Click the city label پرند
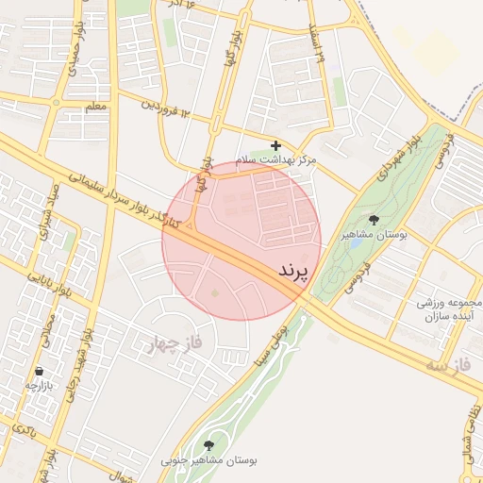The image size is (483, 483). [294, 271]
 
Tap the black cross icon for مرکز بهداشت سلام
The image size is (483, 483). [275, 146]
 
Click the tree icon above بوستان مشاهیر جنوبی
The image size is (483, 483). [208, 444]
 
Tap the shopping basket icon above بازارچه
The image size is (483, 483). [39, 372]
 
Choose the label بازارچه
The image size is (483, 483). [42, 387]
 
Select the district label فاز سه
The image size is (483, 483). [447, 363]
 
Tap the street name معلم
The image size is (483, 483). [96, 108]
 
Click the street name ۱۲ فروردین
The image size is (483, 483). [167, 109]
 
